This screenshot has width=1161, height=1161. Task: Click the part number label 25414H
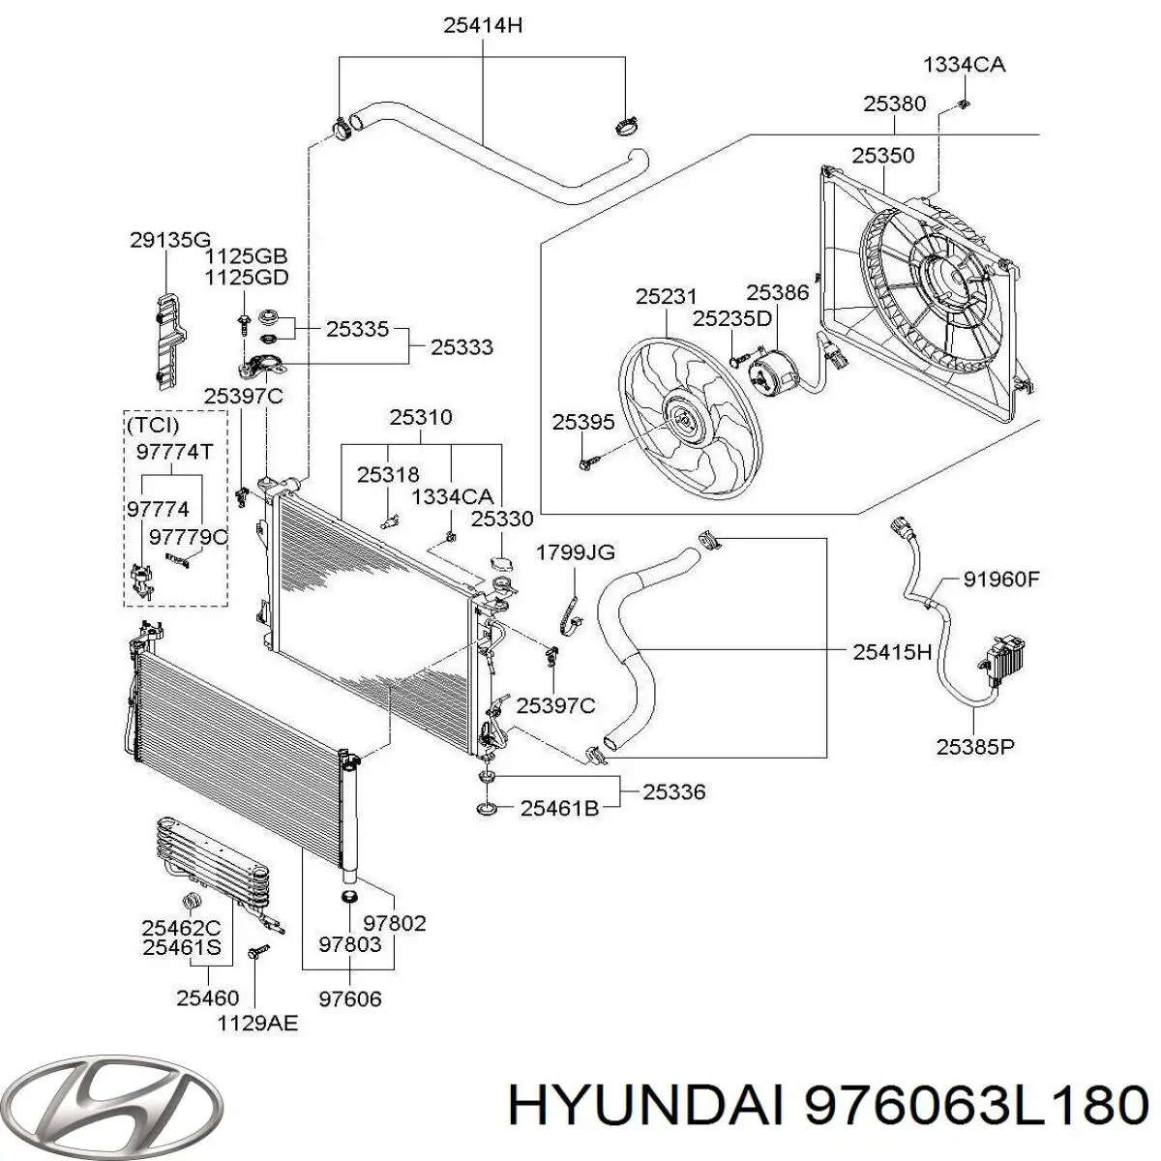tap(483, 26)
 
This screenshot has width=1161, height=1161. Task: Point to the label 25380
tap(894, 104)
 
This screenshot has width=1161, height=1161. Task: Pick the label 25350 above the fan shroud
tap(882, 155)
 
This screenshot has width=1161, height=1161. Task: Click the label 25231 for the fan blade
tap(667, 297)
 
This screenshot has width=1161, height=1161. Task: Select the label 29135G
tap(169, 239)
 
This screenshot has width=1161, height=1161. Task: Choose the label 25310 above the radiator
tap(421, 418)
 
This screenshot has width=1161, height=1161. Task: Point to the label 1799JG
tap(576, 552)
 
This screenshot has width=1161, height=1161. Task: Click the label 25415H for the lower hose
tap(892, 652)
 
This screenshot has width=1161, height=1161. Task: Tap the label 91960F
tap(1000, 580)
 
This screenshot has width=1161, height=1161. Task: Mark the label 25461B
tap(559, 807)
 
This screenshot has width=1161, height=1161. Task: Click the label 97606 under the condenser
tap(349, 997)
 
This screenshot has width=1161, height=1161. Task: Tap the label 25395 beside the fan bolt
tap(583, 422)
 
